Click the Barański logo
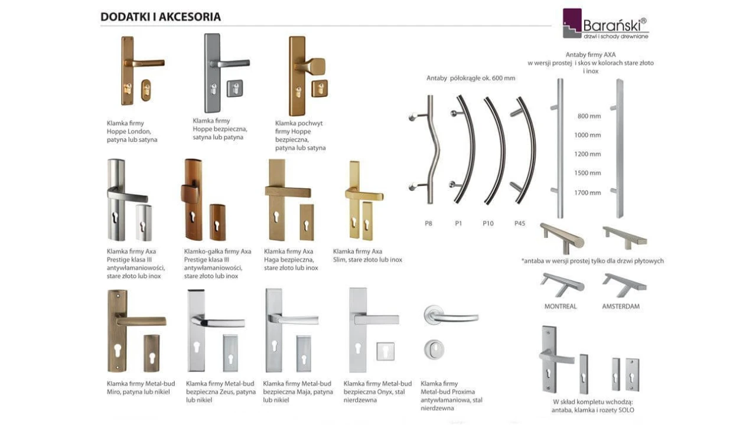pyautogui.click(x=605, y=24)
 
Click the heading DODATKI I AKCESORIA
pyautogui.click(x=161, y=17)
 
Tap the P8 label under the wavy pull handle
pyautogui.click(x=428, y=223)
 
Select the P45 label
pyautogui.click(x=520, y=223)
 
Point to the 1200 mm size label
pyautogui.click(x=588, y=154)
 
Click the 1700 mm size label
pyautogui.click(x=588, y=193)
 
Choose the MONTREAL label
pyautogui.click(x=561, y=306)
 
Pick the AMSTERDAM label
pyautogui.click(x=621, y=306)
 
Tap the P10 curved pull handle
pyautogui.click(x=500, y=151)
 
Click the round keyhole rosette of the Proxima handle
pyautogui.click(x=434, y=349)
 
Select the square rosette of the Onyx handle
pyautogui.click(x=386, y=351)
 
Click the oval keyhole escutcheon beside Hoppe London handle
pyautogui.click(x=146, y=90)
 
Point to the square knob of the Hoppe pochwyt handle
pyautogui.click(x=314, y=67)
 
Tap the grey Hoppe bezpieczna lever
pyautogui.click(x=230, y=63)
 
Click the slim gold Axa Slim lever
pyautogui.click(x=364, y=195)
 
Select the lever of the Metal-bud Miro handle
pyautogui.click(x=141, y=321)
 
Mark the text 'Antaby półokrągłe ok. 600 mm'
pyautogui.click(x=471, y=79)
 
